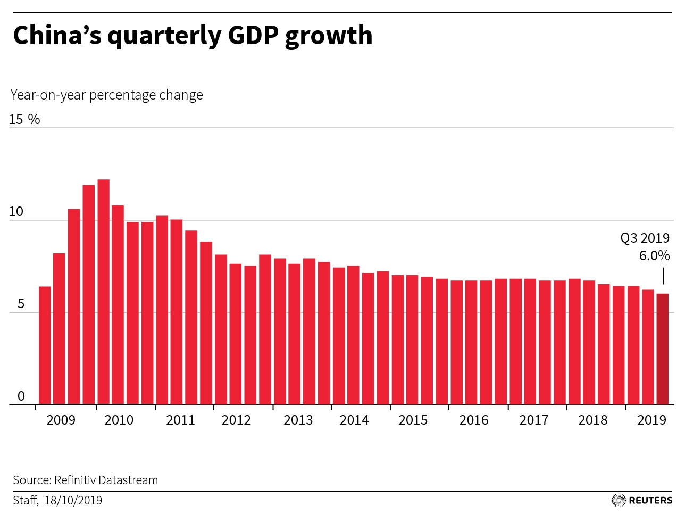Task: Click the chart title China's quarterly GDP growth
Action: [193, 36]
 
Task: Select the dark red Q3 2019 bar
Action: [662, 349]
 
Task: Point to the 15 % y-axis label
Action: [24, 119]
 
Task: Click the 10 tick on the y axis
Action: [16, 212]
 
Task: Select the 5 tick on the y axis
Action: [21, 304]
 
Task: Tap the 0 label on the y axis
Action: [21, 396]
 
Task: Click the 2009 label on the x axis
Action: [61, 420]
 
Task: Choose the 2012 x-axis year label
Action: [236, 420]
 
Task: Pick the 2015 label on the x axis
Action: [413, 420]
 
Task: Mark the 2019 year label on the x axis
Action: [651, 420]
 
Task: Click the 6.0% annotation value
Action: [654, 255]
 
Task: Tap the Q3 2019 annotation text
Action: [645, 238]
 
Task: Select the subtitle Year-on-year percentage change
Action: [107, 95]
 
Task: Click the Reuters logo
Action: [642, 500]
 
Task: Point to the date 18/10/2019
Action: [73, 500]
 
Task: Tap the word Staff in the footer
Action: [25, 500]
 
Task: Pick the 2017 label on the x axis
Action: [533, 420]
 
